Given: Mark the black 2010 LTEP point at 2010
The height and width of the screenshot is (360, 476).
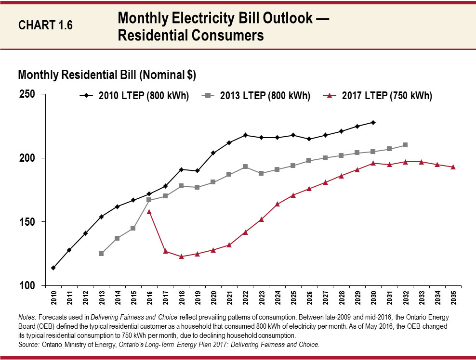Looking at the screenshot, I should [53, 268].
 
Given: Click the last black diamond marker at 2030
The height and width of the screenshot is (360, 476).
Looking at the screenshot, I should [373, 122].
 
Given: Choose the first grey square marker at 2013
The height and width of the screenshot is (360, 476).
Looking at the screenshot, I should [101, 254].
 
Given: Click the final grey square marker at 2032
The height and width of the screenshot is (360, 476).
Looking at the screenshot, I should [405, 145].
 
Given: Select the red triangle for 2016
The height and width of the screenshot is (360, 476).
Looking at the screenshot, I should [149, 211].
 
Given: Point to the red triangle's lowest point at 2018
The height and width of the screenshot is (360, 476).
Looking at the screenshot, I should [181, 257].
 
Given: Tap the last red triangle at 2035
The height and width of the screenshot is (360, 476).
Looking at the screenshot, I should [453, 167].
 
